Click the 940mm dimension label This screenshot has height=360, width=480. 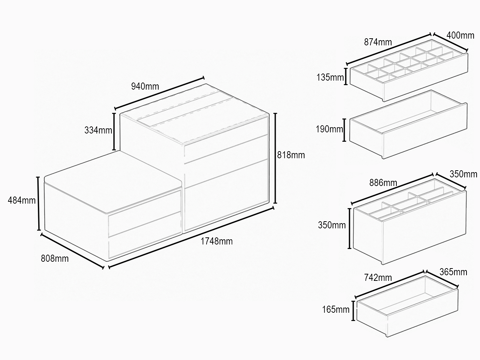[x=145, y=86]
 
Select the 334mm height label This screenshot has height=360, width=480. [x=98, y=130]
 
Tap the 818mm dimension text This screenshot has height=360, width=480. [x=291, y=155]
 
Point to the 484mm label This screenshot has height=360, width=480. [x=22, y=200]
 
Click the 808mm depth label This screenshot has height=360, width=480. [x=55, y=259]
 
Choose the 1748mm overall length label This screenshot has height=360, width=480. [x=216, y=241]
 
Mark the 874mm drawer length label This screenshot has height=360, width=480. [x=378, y=42]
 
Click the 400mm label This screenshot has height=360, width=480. [x=460, y=35]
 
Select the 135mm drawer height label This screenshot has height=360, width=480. [x=330, y=77]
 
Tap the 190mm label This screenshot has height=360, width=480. [x=329, y=129]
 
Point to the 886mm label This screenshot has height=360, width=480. [x=383, y=183]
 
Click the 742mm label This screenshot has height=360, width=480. [x=378, y=277]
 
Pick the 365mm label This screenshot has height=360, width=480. [x=453, y=272]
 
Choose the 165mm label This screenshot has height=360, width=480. [x=336, y=309]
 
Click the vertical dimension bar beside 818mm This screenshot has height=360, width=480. [x=275, y=158]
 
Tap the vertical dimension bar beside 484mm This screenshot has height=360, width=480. [x=39, y=204]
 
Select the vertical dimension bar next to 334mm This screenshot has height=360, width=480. [x=114, y=132]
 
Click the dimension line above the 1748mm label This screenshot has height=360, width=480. [x=191, y=237]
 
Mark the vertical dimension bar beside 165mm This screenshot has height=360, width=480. [x=353, y=311]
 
